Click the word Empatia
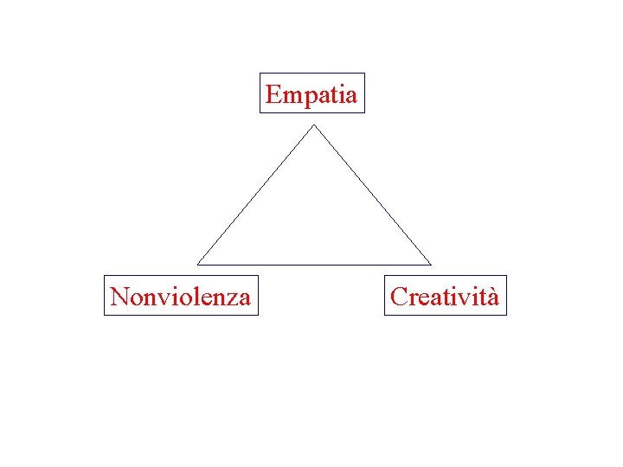coord(311,94)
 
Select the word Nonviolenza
coord(181,297)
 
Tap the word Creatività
coord(445,297)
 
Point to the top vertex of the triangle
coord(314,126)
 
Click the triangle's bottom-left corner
coord(198,263)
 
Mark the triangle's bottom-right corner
coord(430,263)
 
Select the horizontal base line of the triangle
coord(314,264)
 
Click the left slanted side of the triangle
coord(256,195)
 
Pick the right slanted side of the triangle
coord(372,195)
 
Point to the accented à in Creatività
coord(492,298)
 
